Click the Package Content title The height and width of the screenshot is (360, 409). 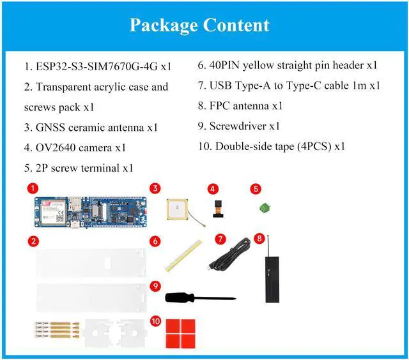click(x=199, y=26)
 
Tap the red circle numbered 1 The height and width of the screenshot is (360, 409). click(x=33, y=189)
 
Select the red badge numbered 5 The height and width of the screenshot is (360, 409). click(x=255, y=189)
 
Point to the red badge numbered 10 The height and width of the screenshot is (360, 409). click(x=155, y=321)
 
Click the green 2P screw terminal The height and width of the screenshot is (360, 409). click(x=263, y=207)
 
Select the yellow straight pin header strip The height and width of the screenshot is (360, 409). click(x=183, y=257)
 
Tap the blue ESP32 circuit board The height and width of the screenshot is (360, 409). click(x=89, y=212)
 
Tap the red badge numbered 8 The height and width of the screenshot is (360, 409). click(x=259, y=239)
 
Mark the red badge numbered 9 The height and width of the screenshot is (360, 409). click(x=155, y=285)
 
